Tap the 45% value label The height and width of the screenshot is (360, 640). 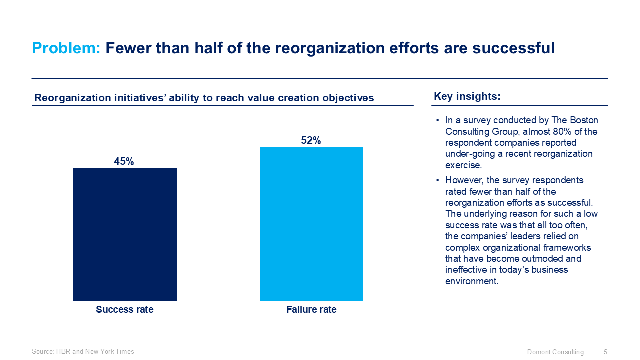(124, 161)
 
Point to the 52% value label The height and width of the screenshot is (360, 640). (311, 141)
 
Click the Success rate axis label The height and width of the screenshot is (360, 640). (125, 310)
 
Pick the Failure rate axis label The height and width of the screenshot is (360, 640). (311, 310)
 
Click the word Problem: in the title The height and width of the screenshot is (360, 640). (66, 48)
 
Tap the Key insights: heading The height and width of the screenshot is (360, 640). (467, 97)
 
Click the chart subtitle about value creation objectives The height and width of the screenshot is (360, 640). (204, 98)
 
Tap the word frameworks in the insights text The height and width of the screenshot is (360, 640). (567, 248)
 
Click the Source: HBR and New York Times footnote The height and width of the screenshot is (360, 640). (83, 352)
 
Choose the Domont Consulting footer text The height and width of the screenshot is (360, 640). (555, 352)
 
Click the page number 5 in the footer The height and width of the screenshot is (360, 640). (605, 352)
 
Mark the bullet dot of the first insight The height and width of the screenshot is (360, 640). (437, 121)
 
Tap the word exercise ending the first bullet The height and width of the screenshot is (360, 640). (463, 165)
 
